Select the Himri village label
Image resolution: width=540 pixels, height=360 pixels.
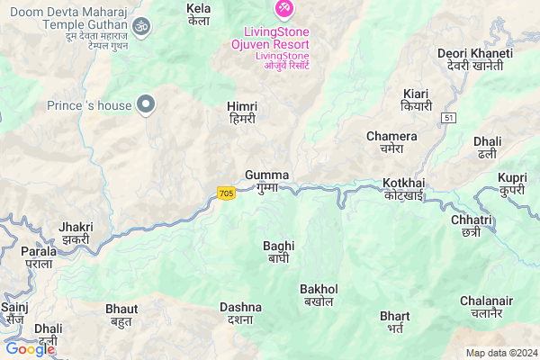point(242,112)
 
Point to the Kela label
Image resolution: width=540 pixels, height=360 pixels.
point(198,14)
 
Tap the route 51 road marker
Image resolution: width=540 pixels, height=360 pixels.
point(449,118)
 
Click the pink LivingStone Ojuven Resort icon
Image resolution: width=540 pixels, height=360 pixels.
point(284,9)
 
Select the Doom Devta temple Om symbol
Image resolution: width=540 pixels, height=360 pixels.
point(139,28)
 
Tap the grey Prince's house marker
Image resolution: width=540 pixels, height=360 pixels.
point(144,105)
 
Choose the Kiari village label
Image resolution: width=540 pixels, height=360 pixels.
point(416,100)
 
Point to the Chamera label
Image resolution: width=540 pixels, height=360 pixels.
point(391,141)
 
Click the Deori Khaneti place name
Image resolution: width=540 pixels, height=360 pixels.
point(474,60)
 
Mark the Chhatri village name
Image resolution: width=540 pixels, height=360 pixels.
point(472,225)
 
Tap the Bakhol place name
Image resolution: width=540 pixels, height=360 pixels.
point(319,294)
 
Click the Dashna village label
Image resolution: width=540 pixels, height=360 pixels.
point(240,312)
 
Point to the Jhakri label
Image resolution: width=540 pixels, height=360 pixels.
point(76,233)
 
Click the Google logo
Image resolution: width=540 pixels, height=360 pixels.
point(29,348)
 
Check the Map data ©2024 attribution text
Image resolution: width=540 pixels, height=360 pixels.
point(500,352)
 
